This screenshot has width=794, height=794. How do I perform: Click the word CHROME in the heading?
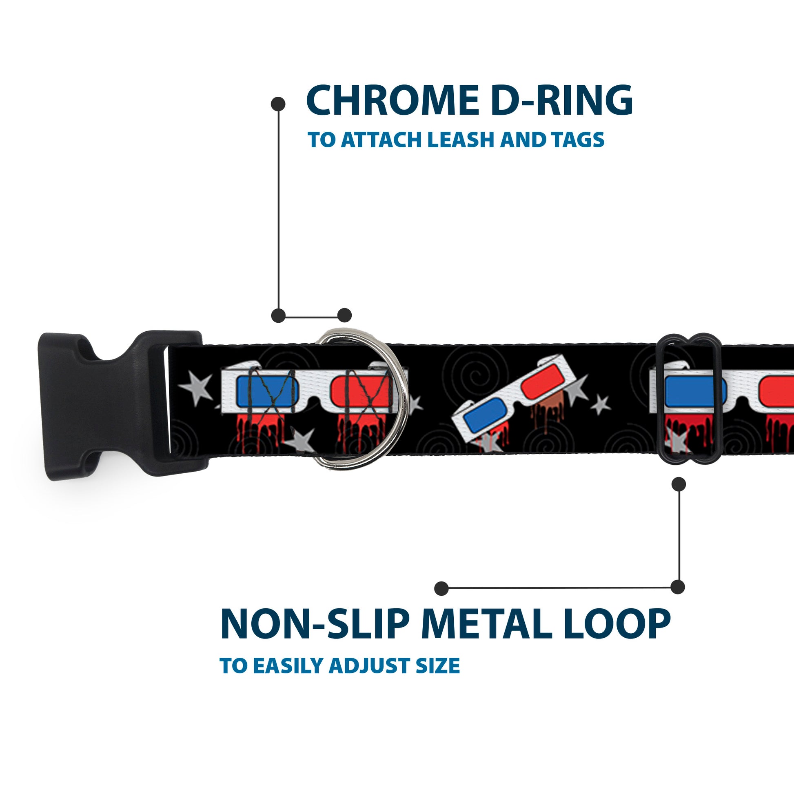[x=391, y=101]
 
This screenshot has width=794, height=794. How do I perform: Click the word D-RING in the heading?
[x=561, y=101]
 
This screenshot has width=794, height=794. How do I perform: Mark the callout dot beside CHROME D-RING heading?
[x=278, y=104]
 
